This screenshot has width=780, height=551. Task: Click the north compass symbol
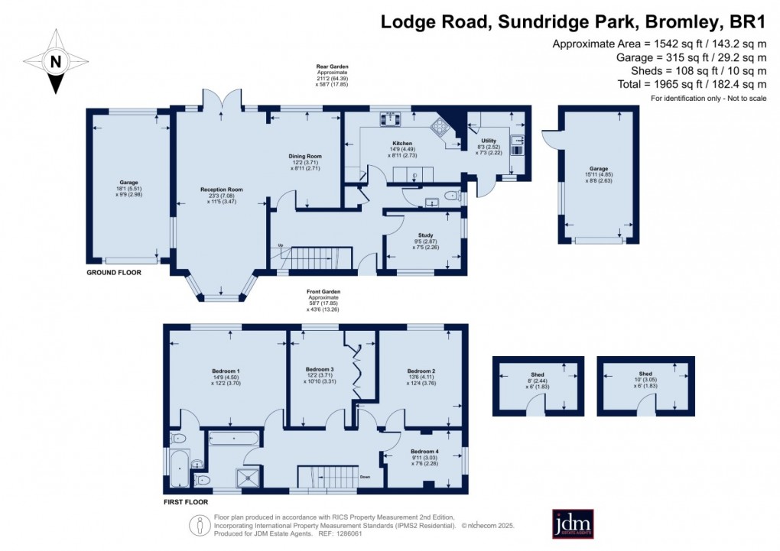(x=54, y=62)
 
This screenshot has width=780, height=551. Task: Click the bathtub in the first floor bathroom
(x=234, y=438)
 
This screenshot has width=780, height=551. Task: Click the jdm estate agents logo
(x=574, y=524)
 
